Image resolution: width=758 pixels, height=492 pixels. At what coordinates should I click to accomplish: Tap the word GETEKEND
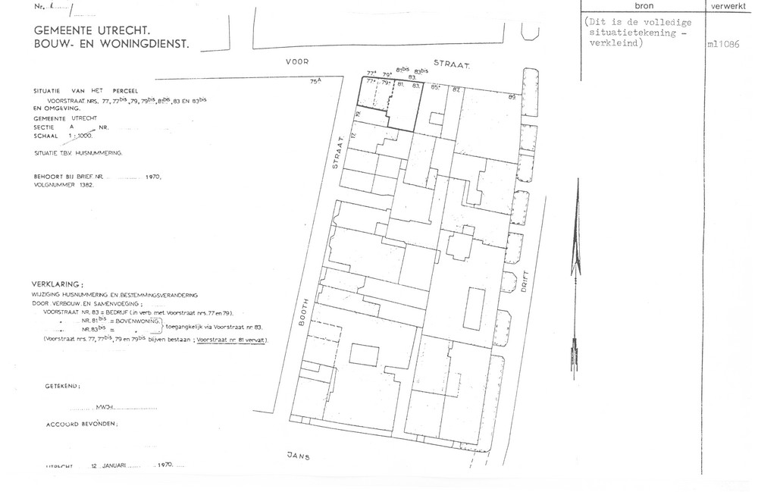[x=56, y=387]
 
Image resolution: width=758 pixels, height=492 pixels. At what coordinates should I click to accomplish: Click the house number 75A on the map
[x=315, y=80]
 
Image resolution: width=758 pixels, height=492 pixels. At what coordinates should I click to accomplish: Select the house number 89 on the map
[x=512, y=98]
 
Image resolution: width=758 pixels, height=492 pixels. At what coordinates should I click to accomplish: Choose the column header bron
[x=644, y=7]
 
